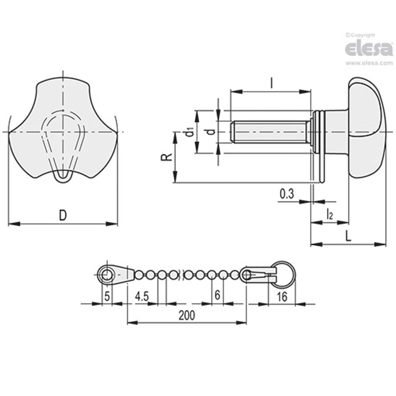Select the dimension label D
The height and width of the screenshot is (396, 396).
[x=63, y=215]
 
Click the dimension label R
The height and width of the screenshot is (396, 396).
[x=167, y=157]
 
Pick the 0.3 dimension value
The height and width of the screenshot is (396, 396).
[x=287, y=194]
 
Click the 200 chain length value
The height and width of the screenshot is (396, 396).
[x=187, y=315]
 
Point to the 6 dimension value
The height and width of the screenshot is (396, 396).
[x=218, y=295]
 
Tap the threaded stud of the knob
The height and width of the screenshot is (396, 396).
[x=267, y=132]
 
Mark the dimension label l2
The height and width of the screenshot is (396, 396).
[x=329, y=214]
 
